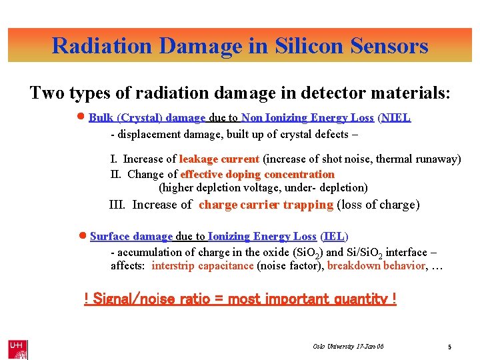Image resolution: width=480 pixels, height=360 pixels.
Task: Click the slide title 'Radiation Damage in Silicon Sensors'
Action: pos(240,45)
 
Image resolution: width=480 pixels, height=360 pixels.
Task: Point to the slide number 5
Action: pos(450,347)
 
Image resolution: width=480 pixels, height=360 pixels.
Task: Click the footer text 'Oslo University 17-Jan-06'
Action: pos(348,347)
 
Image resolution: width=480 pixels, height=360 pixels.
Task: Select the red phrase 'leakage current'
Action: pos(219,159)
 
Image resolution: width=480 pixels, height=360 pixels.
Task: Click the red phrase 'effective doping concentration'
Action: pos(257,174)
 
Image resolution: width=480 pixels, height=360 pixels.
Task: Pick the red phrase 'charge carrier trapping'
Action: pos(265,205)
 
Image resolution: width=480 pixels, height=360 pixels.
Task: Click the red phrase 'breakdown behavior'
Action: pos(376,265)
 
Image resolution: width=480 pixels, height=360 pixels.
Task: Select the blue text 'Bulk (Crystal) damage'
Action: pos(147,118)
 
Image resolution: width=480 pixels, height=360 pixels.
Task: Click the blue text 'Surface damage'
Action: pos(131,237)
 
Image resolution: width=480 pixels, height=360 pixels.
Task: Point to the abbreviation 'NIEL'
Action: pos(396,118)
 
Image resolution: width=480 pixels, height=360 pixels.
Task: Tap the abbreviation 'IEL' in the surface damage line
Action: pos(334,237)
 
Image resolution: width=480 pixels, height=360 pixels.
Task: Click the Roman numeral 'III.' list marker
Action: pos(117,205)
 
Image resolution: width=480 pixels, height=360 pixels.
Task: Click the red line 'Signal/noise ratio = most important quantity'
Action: pos(240,299)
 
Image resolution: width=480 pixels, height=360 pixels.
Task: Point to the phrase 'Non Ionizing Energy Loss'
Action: pos(307,118)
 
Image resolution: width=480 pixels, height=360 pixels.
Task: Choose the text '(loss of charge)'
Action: pos(378,205)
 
